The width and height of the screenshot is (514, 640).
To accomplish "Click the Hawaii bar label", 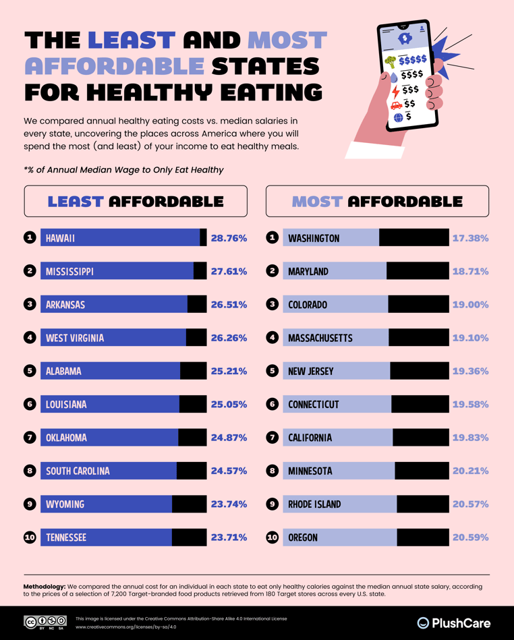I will (x=60, y=238).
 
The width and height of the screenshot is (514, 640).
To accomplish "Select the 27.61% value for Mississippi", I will (x=229, y=271).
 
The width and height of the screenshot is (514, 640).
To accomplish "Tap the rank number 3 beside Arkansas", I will (x=30, y=304).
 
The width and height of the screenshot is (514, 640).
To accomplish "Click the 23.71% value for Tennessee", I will (x=229, y=537).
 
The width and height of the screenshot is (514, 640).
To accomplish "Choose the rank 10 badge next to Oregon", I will (x=273, y=537).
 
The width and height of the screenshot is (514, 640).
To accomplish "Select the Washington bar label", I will (x=314, y=238).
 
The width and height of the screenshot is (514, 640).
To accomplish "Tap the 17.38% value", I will (x=470, y=238).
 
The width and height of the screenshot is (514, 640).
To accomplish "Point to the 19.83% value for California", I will (x=470, y=438).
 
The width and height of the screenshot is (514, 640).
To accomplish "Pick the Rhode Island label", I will (x=314, y=504).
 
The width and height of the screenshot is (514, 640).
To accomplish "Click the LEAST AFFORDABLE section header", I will (x=136, y=201).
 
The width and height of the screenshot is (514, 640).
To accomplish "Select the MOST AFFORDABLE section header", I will (x=377, y=201).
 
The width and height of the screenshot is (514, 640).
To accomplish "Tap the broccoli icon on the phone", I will (x=390, y=62).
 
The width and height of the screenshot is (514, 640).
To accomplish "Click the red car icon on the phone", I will (x=395, y=105).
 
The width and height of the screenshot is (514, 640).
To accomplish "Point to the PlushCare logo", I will (x=453, y=622).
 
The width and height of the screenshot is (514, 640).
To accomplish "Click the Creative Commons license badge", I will (x=45, y=622).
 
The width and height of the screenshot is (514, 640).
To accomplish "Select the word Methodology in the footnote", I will (x=45, y=587).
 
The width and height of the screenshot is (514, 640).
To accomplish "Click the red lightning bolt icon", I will (x=395, y=90).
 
